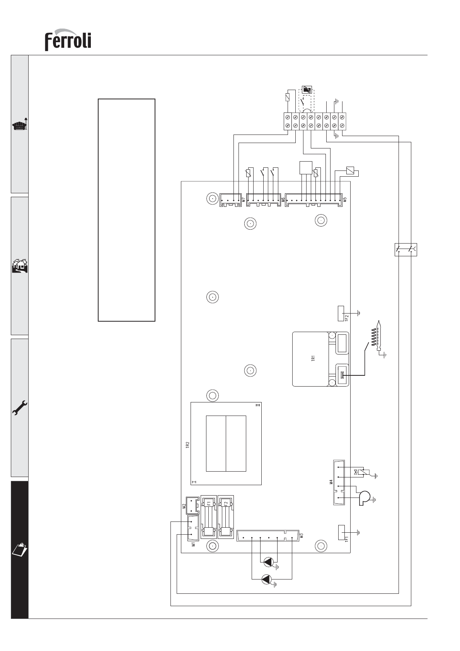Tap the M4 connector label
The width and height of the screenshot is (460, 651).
(331, 482)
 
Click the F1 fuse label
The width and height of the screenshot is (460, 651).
(209, 504)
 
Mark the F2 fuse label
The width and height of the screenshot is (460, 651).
(226, 504)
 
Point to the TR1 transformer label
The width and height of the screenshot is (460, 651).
(313, 358)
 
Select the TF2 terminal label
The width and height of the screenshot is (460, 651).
(347, 317)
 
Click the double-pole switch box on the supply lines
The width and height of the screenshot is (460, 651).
(406, 250)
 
